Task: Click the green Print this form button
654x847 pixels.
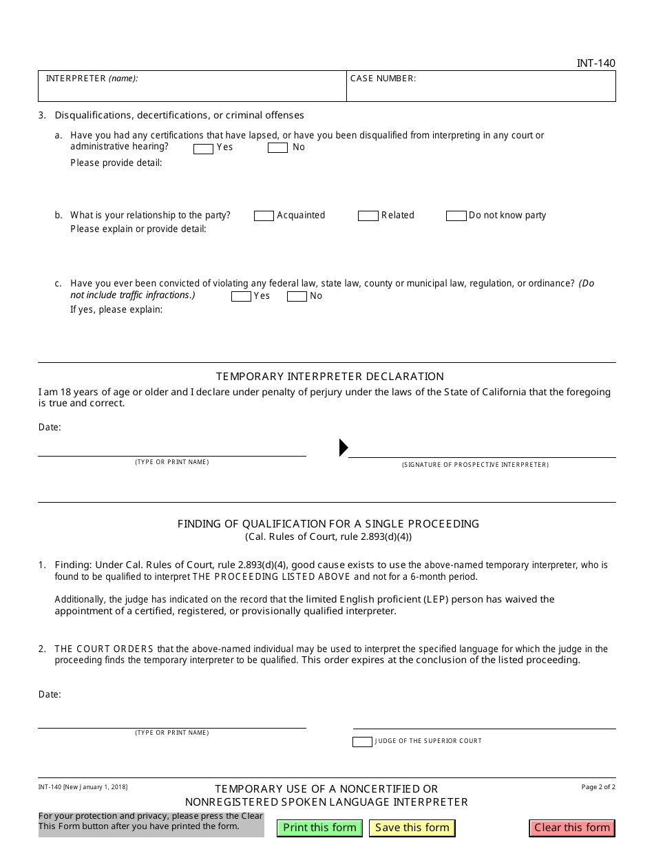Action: tap(319, 828)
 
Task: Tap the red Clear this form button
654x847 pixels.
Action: tap(572, 828)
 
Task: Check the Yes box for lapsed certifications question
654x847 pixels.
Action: tap(203, 148)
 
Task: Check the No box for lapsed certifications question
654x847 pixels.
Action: tap(277, 148)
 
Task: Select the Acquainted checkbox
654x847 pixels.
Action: tap(264, 216)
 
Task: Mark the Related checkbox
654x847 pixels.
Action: tap(368, 216)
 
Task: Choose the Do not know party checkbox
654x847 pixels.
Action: tap(456, 216)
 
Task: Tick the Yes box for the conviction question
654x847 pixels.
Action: tap(241, 297)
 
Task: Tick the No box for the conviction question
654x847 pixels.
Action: tap(297, 297)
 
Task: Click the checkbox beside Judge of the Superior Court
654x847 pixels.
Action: tap(362, 742)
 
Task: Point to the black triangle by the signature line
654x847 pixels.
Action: tap(344, 448)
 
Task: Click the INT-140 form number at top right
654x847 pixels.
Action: tap(595, 63)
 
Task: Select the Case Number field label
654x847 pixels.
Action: tap(383, 79)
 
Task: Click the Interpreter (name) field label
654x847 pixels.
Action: tap(92, 79)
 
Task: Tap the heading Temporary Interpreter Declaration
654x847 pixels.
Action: tap(330, 377)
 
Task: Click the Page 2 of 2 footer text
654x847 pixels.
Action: tap(598, 787)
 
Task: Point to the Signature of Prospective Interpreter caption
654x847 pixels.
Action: tap(475, 465)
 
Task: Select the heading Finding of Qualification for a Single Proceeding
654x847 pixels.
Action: tap(328, 524)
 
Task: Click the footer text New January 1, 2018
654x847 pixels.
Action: tap(83, 787)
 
